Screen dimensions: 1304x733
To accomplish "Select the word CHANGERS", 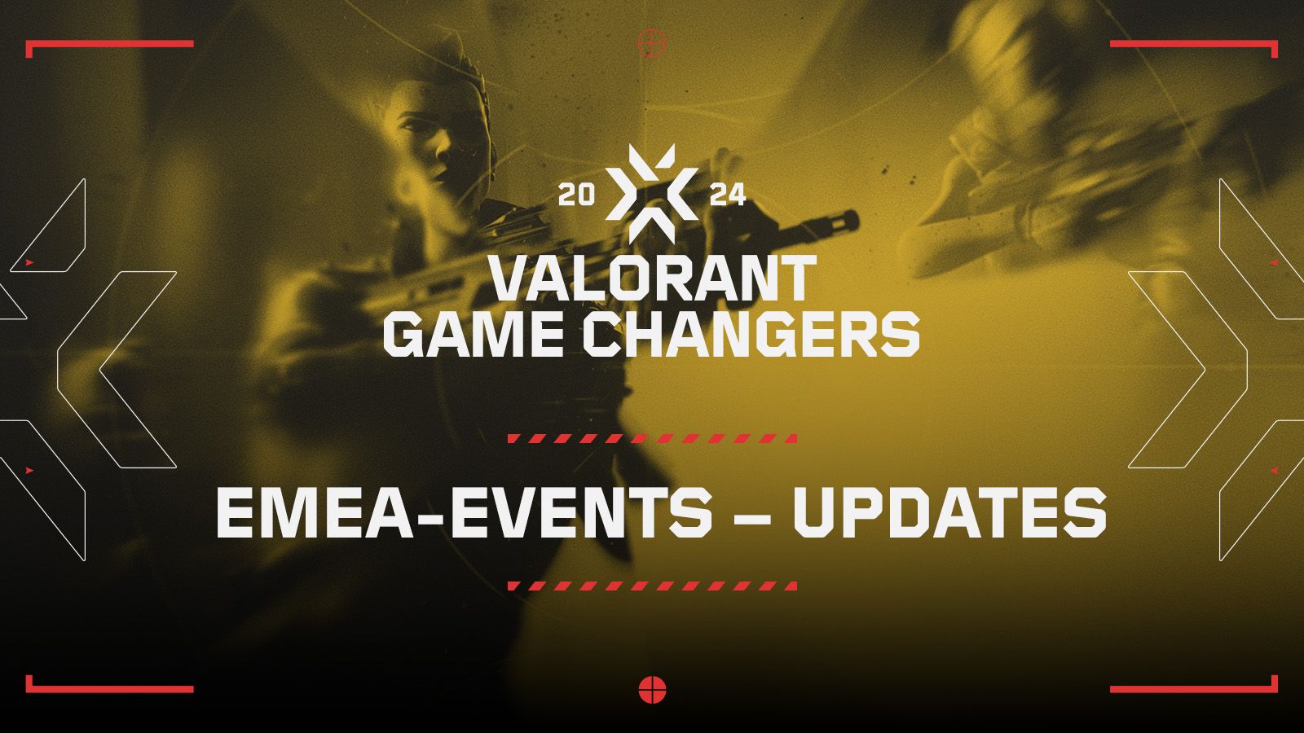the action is (751, 334).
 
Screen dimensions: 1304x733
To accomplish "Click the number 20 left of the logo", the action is (576, 195).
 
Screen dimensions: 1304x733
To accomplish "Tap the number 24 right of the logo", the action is (728, 195).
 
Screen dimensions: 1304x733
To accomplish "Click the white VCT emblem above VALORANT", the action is (651, 194).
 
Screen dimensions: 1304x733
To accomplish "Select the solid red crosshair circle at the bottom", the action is (652, 691).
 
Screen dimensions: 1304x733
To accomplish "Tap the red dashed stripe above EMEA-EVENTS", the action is (652, 439).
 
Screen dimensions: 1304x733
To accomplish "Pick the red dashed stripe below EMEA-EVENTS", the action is (652, 586).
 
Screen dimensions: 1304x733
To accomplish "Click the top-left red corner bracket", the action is (109, 44).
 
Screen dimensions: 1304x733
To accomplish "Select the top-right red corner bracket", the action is (1193, 44).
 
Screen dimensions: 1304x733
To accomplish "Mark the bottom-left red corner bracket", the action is (109, 689).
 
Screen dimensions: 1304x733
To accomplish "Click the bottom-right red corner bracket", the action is (1193, 689).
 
